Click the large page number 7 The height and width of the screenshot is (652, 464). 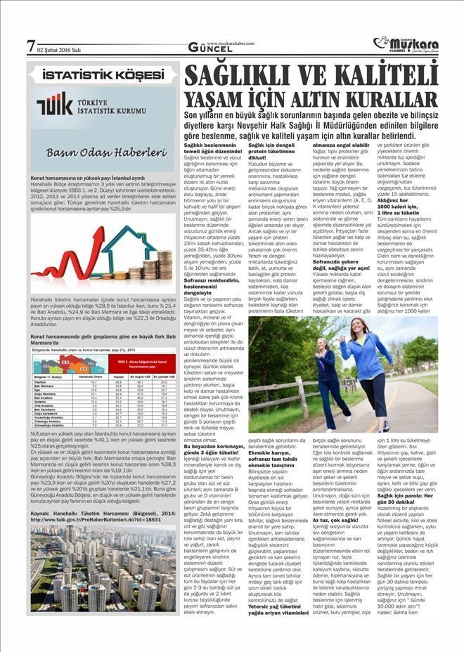(x=30, y=46)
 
